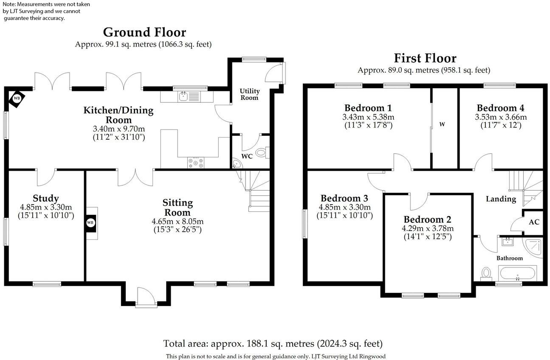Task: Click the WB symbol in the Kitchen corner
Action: click(17, 98)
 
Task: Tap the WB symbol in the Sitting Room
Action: click(90, 222)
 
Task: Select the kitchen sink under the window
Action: click(184, 97)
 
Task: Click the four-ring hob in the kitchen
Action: click(196, 162)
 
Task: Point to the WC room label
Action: click(247, 156)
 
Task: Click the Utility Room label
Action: click(249, 94)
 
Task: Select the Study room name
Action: click(45, 198)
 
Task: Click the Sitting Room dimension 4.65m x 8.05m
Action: click(178, 222)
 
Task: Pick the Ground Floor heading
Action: click(144, 32)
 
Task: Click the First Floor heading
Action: click(425, 58)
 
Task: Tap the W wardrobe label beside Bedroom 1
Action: click(442, 124)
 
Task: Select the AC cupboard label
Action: click(534, 222)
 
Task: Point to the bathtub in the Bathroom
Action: click(518, 273)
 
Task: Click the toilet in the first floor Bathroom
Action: click(486, 273)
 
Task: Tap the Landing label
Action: click(501, 199)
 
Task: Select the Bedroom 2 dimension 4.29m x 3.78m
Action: click(428, 228)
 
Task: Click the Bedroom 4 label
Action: click(500, 107)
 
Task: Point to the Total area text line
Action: click(273, 343)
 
